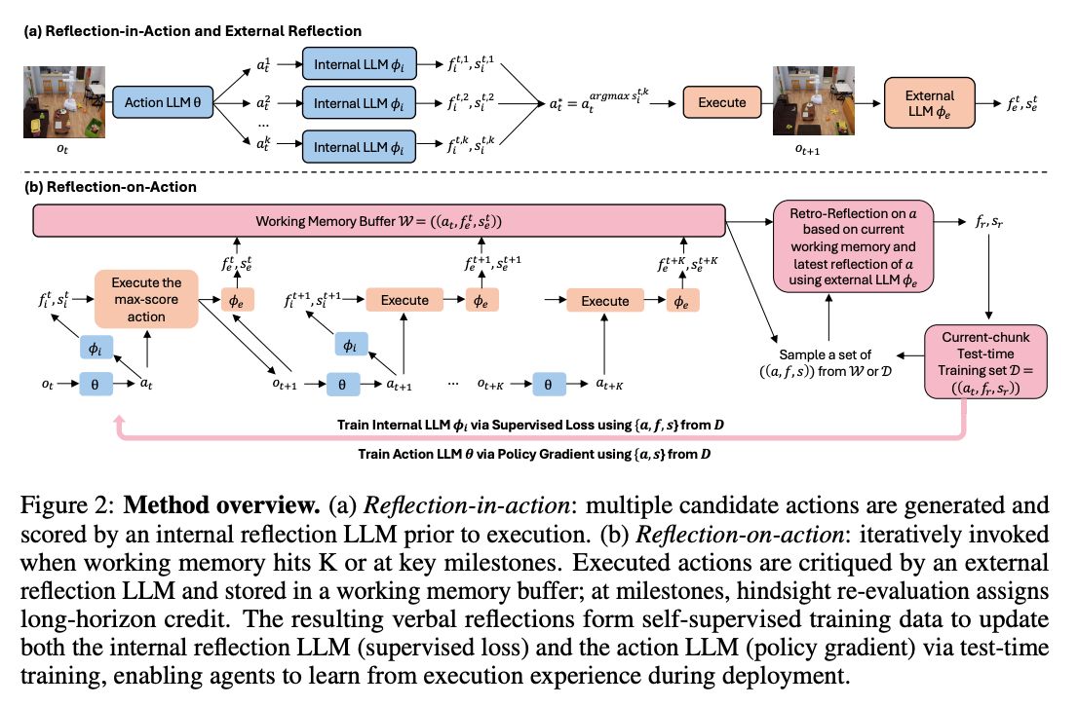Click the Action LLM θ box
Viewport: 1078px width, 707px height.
pos(162,102)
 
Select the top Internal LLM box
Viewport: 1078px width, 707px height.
pos(359,64)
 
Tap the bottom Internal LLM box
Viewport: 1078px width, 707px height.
pos(359,147)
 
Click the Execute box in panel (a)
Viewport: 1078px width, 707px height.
pos(722,102)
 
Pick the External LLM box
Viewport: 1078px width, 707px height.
pos(930,103)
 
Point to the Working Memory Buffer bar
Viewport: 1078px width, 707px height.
pos(379,220)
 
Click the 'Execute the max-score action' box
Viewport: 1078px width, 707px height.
pos(146,300)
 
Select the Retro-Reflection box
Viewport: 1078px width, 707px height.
pos(853,246)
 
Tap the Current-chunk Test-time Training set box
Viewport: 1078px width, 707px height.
pos(985,362)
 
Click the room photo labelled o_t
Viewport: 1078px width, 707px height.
pos(64,101)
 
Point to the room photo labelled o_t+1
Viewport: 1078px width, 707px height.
pos(814,100)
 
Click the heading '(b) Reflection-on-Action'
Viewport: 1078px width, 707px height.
pos(111,187)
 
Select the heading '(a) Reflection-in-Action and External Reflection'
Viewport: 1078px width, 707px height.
pos(193,31)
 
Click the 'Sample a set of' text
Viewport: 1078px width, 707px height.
pos(825,354)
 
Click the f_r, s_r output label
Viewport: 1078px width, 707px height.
pos(989,222)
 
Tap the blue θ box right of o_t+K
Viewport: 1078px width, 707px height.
pos(548,384)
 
